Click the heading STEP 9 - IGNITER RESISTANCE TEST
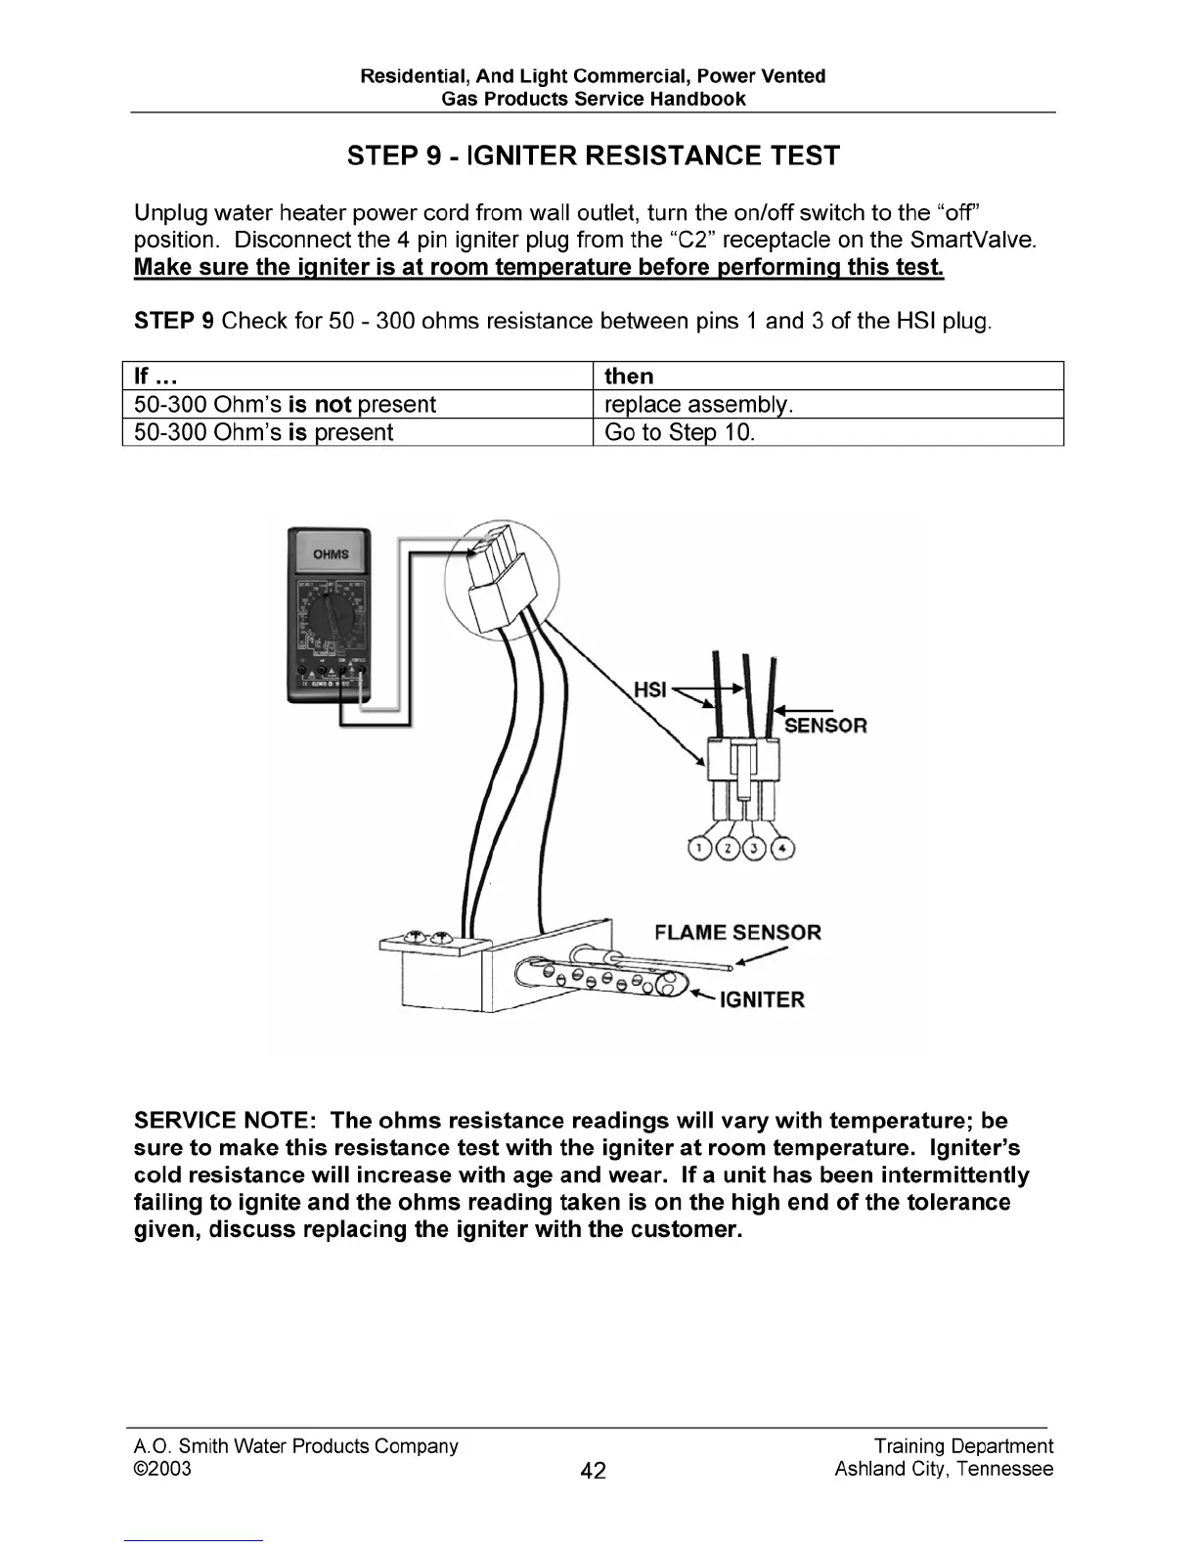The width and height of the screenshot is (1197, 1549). coord(593,156)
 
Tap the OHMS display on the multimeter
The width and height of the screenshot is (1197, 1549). coord(330,554)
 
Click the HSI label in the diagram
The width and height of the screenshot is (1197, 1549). coord(650,689)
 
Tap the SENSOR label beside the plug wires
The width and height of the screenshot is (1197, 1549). coord(825,726)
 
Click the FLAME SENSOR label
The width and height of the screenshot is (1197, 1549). coord(737,932)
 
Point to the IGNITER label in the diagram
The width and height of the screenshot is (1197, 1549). coord(762,999)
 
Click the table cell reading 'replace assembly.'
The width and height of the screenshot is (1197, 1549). coord(698,405)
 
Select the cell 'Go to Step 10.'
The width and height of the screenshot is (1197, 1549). coord(680,432)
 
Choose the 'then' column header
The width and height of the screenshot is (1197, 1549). coord(629,376)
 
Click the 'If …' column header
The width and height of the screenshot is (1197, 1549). coord(155,376)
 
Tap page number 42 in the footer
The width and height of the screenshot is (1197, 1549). coord(593,1470)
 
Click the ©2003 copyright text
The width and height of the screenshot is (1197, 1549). coord(162,1469)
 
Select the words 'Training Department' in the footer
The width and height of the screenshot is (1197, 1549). coord(963,1446)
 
